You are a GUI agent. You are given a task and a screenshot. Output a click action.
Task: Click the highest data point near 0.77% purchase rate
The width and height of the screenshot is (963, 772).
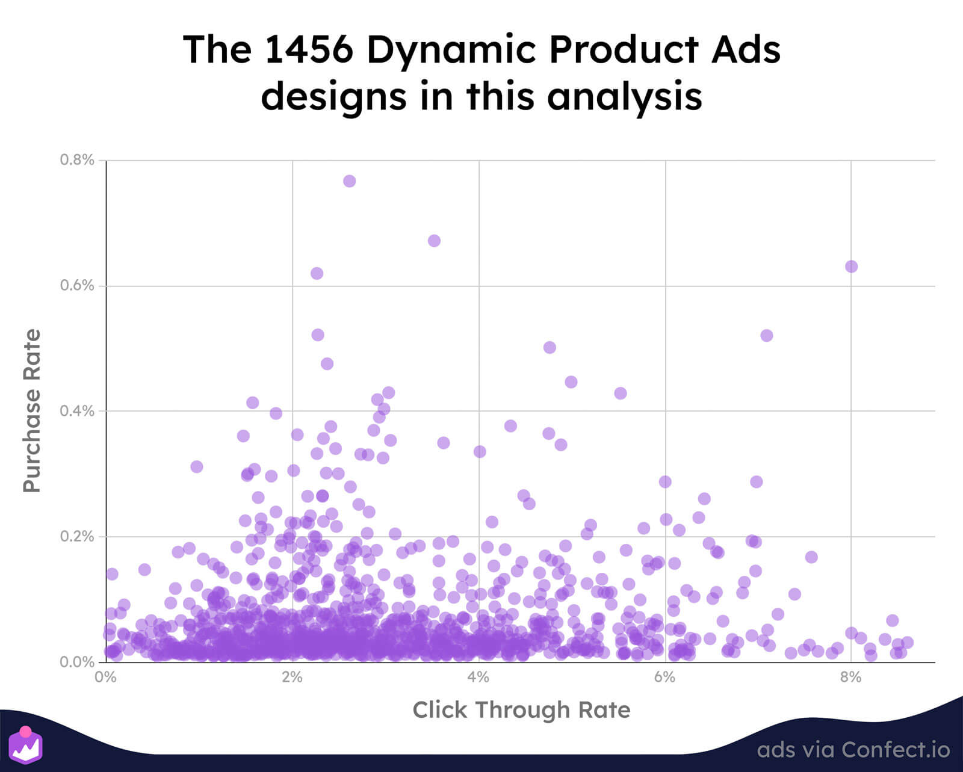pyautogui.click(x=349, y=181)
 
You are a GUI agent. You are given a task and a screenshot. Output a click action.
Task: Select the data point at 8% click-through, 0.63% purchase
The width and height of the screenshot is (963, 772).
pyautogui.click(x=851, y=267)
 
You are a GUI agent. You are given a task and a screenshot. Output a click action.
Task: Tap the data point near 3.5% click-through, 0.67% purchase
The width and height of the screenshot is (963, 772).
pyautogui.click(x=434, y=241)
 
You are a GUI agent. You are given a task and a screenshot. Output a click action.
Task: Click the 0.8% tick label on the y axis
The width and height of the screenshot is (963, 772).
pyautogui.click(x=77, y=160)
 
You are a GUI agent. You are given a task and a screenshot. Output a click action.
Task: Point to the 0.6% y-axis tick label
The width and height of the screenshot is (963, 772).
pyautogui.click(x=77, y=286)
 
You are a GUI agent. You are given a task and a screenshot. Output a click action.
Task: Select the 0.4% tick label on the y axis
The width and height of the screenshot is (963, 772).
pyautogui.click(x=77, y=411)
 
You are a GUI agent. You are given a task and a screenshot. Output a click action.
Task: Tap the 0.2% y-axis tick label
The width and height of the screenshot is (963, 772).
pyautogui.click(x=77, y=537)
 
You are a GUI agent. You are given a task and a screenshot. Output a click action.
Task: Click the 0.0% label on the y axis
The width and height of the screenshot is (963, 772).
pyautogui.click(x=77, y=662)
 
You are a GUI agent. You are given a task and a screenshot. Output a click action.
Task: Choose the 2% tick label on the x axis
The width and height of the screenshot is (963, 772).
pyautogui.click(x=292, y=678)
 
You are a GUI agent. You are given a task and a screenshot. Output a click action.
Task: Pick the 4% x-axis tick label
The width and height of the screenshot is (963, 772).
pyautogui.click(x=478, y=678)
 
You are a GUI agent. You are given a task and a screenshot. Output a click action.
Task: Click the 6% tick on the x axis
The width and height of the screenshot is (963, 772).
pyautogui.click(x=664, y=678)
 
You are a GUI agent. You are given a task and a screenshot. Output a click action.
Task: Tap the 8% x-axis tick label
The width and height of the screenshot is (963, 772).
pyautogui.click(x=850, y=678)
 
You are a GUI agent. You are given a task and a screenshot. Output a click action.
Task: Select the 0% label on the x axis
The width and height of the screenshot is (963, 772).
pyautogui.click(x=106, y=678)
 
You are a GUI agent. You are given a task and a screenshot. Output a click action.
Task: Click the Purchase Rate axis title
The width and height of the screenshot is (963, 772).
pyautogui.click(x=32, y=411)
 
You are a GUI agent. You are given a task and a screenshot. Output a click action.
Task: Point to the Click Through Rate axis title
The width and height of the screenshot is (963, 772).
pyautogui.click(x=521, y=710)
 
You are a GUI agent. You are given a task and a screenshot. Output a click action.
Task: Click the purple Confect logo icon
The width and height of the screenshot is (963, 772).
pyautogui.click(x=26, y=745)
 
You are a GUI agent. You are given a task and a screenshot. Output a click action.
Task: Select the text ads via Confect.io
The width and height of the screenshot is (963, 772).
pyautogui.click(x=853, y=750)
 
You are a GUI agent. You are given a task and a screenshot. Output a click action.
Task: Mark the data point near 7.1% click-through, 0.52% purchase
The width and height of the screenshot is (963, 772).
pyautogui.click(x=766, y=335)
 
